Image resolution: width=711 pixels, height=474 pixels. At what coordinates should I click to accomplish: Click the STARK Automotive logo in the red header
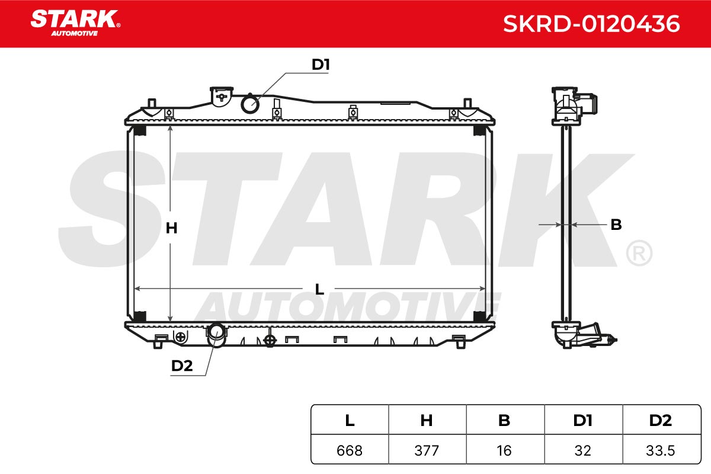click(75, 23)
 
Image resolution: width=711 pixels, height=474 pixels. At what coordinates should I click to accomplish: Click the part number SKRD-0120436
click(591, 24)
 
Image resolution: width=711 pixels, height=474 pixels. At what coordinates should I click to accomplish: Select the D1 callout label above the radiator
click(321, 65)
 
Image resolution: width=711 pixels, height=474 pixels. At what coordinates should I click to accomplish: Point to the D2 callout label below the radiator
click(182, 366)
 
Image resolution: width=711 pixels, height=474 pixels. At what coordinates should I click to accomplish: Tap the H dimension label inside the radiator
click(171, 228)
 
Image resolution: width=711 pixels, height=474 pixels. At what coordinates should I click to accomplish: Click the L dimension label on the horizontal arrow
click(319, 289)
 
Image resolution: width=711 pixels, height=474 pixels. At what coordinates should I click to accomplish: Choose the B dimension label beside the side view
click(616, 225)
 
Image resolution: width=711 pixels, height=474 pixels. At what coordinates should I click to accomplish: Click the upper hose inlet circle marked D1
click(250, 104)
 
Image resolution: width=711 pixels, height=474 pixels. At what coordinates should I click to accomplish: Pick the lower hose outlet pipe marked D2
click(216, 335)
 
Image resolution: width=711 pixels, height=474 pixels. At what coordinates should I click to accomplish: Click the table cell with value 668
click(350, 450)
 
